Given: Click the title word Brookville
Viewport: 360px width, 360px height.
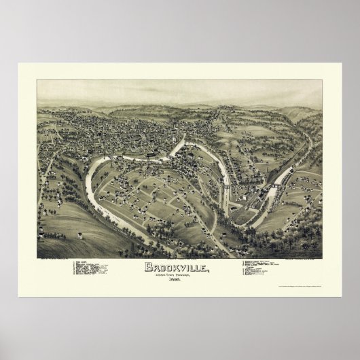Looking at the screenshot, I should (x=179, y=266).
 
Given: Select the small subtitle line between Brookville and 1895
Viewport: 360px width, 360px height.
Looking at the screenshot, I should (x=179, y=273).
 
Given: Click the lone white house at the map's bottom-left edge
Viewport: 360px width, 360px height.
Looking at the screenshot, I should (x=80, y=235).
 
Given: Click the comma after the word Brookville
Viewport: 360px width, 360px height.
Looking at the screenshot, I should (x=209, y=269).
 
